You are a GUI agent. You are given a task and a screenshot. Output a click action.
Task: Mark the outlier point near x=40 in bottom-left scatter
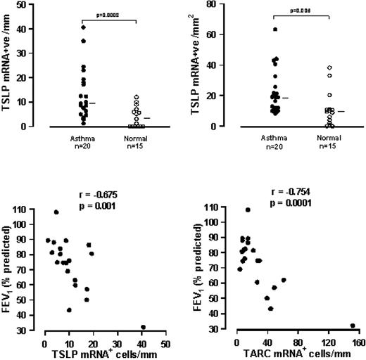(143, 327)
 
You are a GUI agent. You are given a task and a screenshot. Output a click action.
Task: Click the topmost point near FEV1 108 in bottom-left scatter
(56, 212)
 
